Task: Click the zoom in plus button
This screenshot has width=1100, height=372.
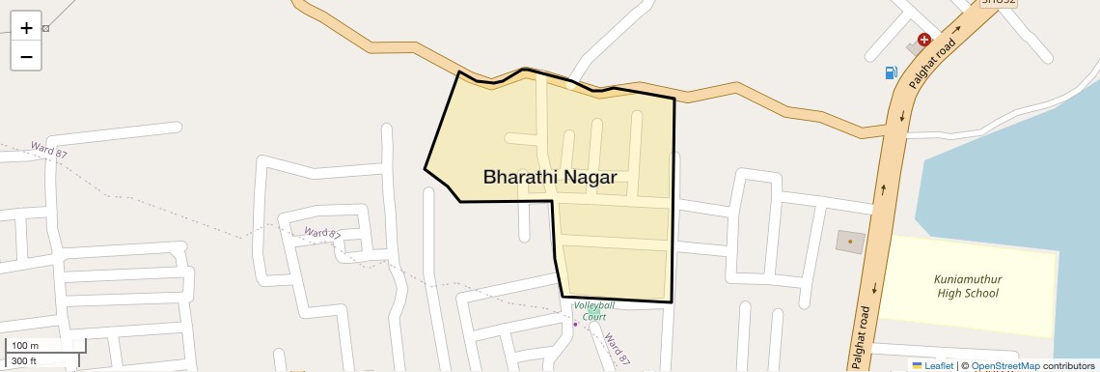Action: [x=26, y=28]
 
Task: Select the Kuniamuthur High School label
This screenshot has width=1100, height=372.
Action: [x=968, y=285]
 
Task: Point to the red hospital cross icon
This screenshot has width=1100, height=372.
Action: [x=924, y=40]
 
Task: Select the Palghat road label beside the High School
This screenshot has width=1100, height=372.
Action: [x=863, y=337]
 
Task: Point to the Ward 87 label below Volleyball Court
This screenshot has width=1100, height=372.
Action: [x=618, y=348]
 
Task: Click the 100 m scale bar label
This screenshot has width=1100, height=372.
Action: [x=25, y=346]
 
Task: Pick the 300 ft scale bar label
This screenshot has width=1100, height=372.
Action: [x=24, y=361]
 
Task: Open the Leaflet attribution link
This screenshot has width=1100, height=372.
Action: [x=939, y=366]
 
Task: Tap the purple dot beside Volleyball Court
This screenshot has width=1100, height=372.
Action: [x=576, y=324]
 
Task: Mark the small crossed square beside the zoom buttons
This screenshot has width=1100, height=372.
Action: [x=45, y=28]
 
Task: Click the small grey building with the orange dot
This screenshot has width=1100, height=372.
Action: [x=849, y=241]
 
